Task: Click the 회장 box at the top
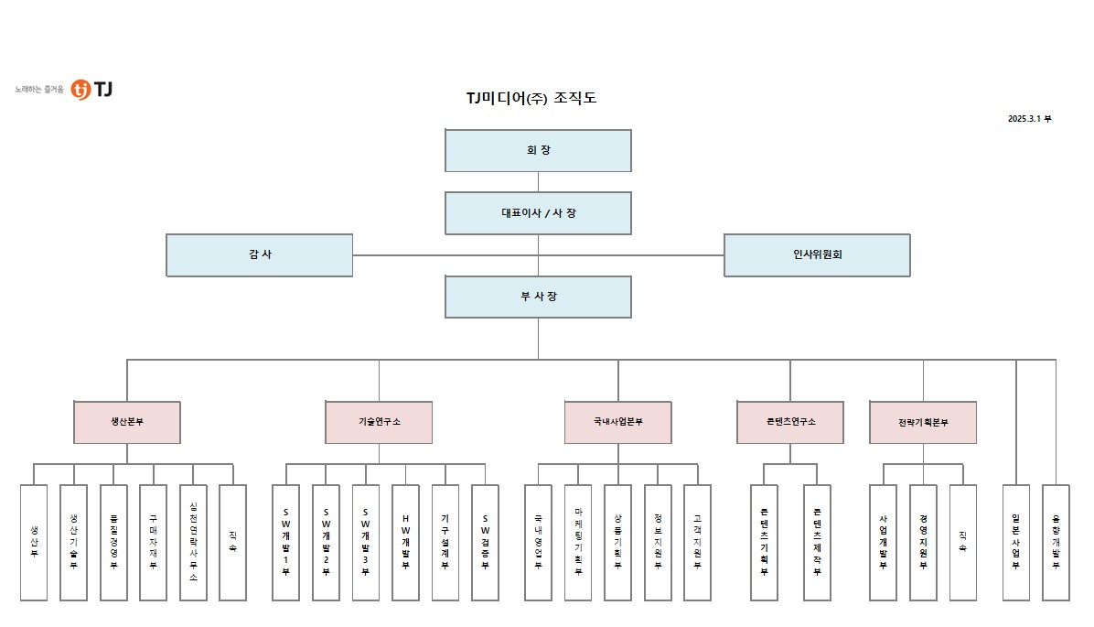(x=538, y=150)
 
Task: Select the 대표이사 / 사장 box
(x=538, y=213)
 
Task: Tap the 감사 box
(x=259, y=254)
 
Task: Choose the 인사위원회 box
(x=817, y=254)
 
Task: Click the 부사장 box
(x=538, y=297)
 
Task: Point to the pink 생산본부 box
(x=127, y=422)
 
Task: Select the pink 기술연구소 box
(x=379, y=422)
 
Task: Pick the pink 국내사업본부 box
(x=617, y=422)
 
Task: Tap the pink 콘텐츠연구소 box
(x=790, y=422)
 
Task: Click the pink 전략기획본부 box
(x=923, y=422)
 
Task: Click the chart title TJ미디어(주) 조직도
(x=531, y=98)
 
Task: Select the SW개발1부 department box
(x=285, y=542)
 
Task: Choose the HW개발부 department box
(x=405, y=542)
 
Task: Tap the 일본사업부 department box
(x=1015, y=542)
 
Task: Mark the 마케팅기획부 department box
(x=578, y=542)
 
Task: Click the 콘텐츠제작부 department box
(x=817, y=542)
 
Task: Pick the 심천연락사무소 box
(x=193, y=542)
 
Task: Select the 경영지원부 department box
(x=923, y=542)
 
